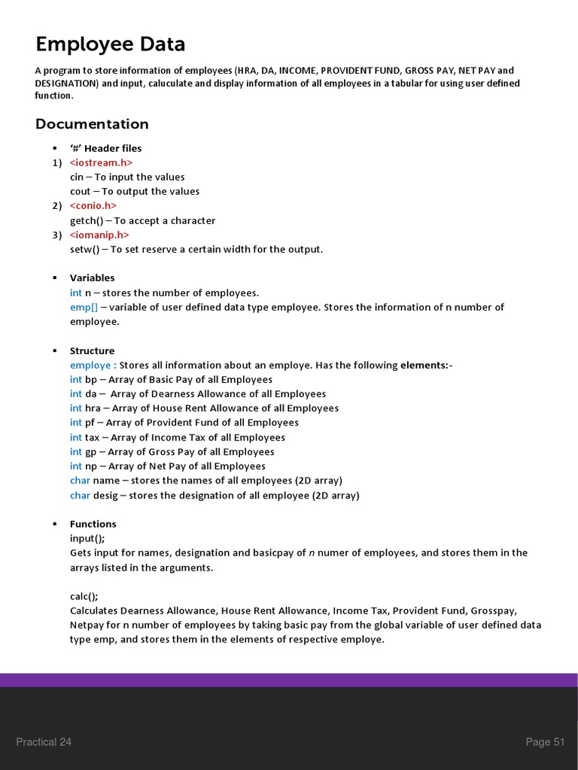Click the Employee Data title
pos(110,44)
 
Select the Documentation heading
pos(92,124)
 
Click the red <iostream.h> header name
pos(101,162)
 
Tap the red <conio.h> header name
pos(93,205)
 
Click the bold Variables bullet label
pos(92,277)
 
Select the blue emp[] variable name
pos(84,307)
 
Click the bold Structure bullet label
pos(92,350)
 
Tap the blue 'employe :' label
pos(93,365)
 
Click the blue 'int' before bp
pos(75,379)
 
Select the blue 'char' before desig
pos(80,495)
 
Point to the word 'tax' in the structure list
pos(92,437)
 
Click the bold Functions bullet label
pos(93,523)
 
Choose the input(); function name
pos(87,538)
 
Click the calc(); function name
pos(84,596)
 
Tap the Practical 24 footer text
pos(44,742)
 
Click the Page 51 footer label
pos(545,742)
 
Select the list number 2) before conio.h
pos(57,205)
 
